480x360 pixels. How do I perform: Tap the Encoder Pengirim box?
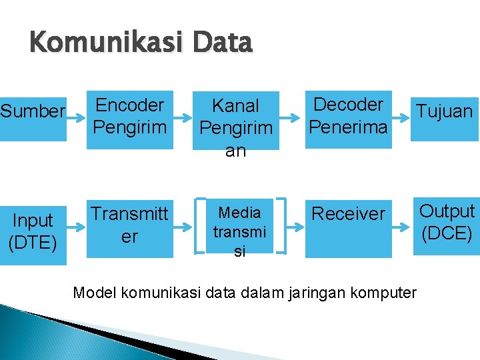(x=130, y=115)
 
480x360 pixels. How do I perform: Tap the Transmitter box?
(x=130, y=227)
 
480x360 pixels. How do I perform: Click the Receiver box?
(x=349, y=227)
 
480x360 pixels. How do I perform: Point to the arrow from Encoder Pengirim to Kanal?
(x=182, y=115)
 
